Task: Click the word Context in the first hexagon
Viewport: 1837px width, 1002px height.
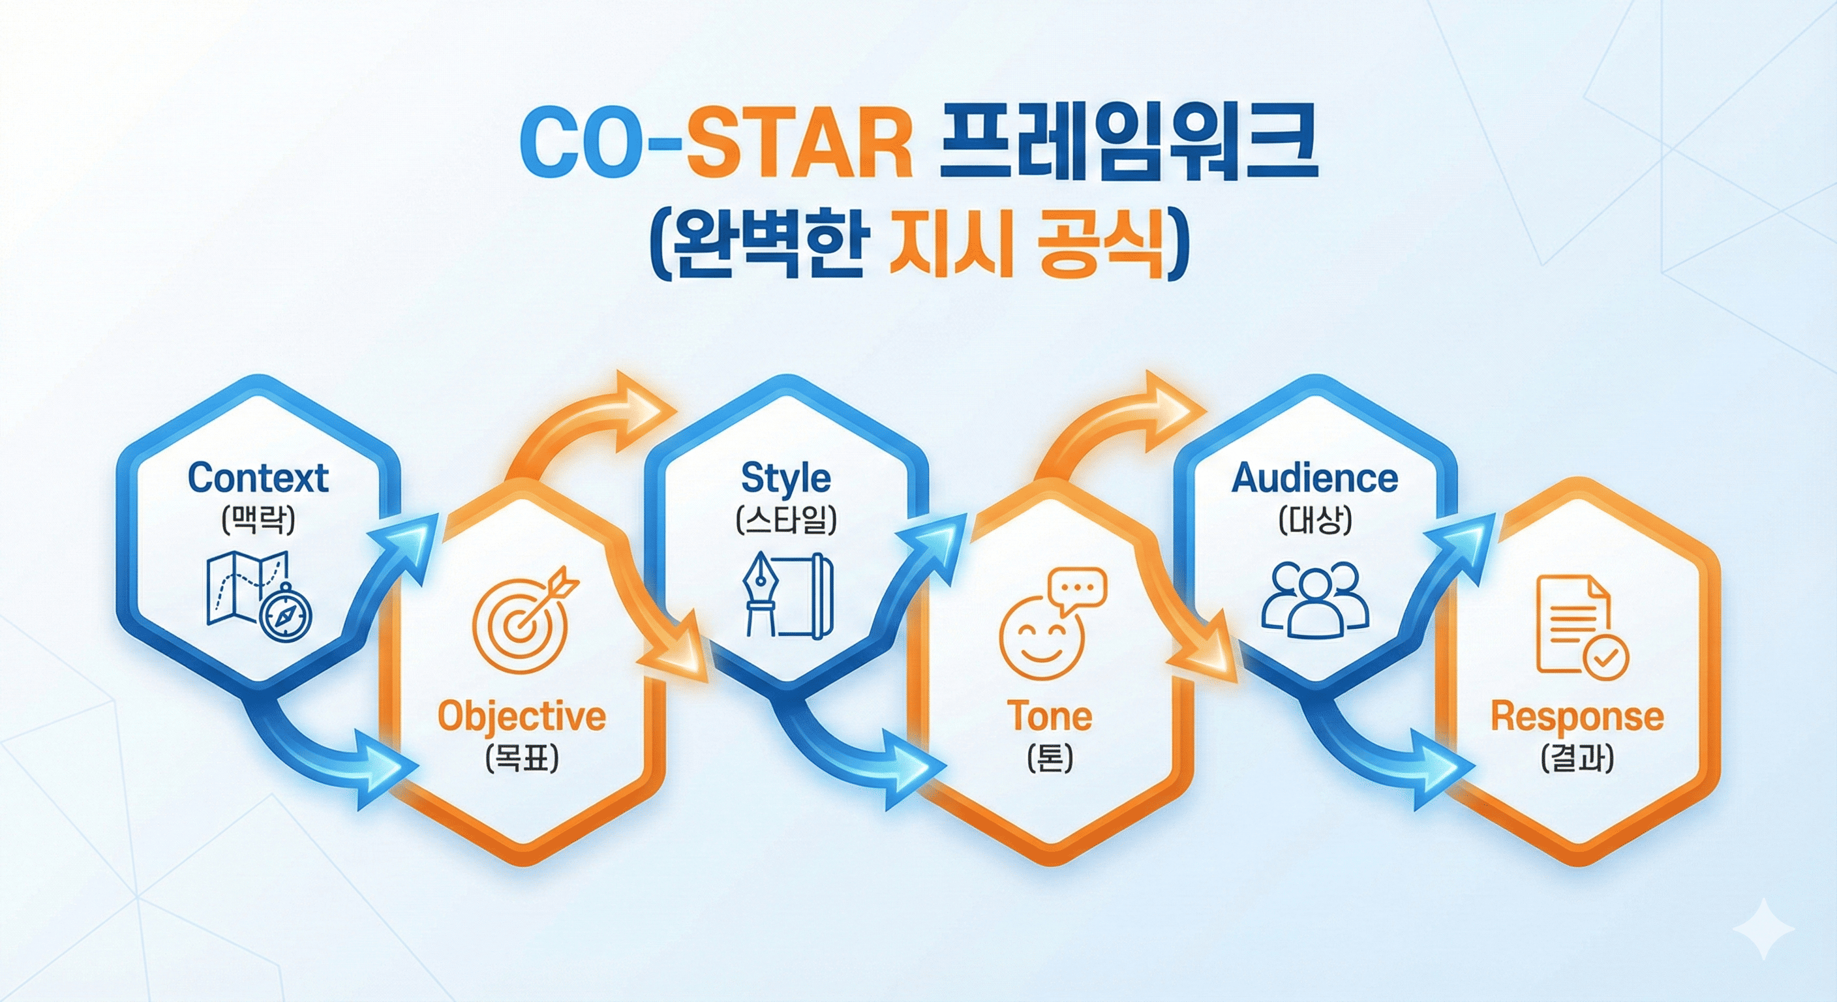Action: tap(258, 479)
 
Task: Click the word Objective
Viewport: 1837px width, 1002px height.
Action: tap(521, 717)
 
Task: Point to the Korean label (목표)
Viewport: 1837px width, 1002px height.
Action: tap(522, 759)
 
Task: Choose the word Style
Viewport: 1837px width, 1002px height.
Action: tap(786, 479)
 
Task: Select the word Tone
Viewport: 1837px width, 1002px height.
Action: tap(1049, 717)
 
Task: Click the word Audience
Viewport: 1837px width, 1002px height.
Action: tap(1314, 479)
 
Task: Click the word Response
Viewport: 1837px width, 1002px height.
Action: tap(1577, 717)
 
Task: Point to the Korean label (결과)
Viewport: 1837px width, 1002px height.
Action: tap(1577, 759)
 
